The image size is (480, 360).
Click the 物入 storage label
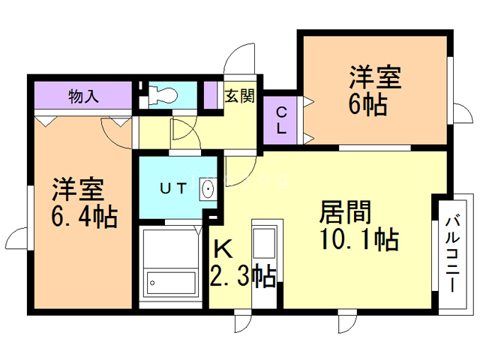click(x=84, y=96)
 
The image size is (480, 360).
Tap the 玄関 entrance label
click(x=240, y=97)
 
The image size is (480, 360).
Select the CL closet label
click(x=281, y=120)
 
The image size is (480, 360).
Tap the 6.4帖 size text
click(x=84, y=217)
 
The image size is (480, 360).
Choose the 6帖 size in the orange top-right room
click(x=367, y=104)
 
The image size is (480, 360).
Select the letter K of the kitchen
click(x=224, y=247)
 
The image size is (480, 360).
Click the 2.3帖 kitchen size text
click(x=242, y=276)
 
